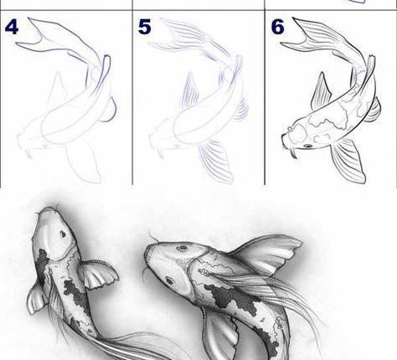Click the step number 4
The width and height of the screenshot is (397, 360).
(x=12, y=27)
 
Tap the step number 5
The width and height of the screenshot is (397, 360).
(x=145, y=27)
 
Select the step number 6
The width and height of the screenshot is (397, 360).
(x=277, y=27)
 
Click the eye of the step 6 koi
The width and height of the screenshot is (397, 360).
(x=308, y=146)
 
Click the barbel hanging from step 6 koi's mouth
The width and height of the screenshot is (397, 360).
(x=294, y=154)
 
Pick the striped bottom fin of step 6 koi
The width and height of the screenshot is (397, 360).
(x=349, y=161)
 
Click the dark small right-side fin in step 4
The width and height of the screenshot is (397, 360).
(x=111, y=111)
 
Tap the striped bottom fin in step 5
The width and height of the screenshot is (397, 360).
(x=216, y=161)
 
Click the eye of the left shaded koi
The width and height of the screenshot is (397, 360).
(x=63, y=234)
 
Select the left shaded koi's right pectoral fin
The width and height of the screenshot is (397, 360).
(x=99, y=274)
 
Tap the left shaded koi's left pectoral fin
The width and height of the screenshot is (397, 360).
(x=37, y=298)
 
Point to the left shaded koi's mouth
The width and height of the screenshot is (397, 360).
(x=49, y=209)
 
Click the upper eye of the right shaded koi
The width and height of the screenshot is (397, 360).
(x=182, y=248)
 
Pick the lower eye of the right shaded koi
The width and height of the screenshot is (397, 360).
(x=169, y=280)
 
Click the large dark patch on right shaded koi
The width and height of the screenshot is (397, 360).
(x=233, y=298)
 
